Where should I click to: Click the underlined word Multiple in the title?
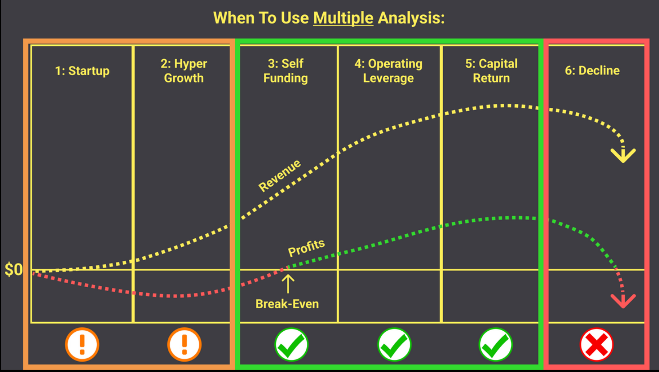pyautogui.click(x=343, y=18)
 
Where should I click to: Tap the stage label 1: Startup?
pyautogui.click(x=82, y=71)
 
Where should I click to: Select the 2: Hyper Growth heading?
pyautogui.click(x=184, y=71)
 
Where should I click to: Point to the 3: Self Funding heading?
pyautogui.click(x=285, y=71)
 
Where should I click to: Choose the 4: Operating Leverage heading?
pyautogui.click(x=388, y=71)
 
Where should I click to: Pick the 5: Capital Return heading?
pyautogui.click(x=491, y=71)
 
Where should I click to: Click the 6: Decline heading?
pyautogui.click(x=592, y=71)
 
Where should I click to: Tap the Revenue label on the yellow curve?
pyautogui.click(x=280, y=175)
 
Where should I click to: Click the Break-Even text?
pyautogui.click(x=287, y=304)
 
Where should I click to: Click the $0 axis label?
pyautogui.click(x=14, y=269)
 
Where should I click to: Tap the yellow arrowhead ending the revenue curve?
pyautogui.click(x=623, y=155)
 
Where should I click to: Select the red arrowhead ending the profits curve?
pyautogui.click(x=623, y=301)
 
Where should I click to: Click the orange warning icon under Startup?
pyautogui.click(x=82, y=344)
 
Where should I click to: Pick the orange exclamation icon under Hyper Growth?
pyautogui.click(x=184, y=344)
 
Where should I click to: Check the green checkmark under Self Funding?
pyautogui.click(x=291, y=344)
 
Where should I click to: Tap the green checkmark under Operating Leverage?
pyautogui.click(x=394, y=344)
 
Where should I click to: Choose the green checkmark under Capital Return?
pyautogui.click(x=495, y=344)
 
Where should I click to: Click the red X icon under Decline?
pyautogui.click(x=596, y=344)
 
